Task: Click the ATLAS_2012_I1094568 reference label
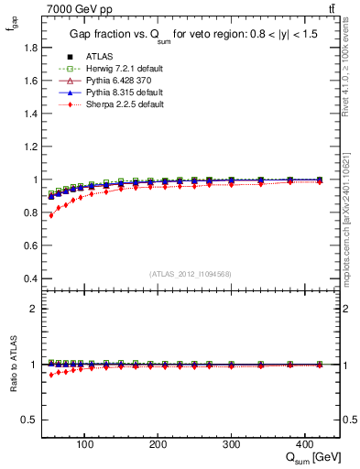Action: pos(191,274)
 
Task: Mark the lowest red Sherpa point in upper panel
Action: pos(51,215)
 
